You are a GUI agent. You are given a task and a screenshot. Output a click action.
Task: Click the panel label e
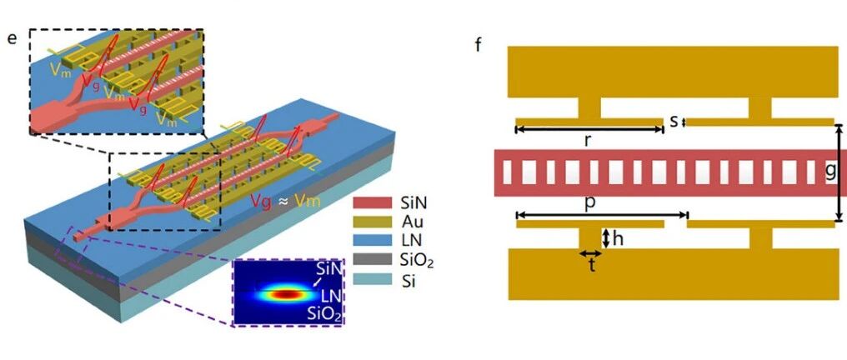[x=12, y=38]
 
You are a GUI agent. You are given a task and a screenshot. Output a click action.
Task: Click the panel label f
[x=478, y=43]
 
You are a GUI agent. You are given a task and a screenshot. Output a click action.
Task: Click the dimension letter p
[x=590, y=204]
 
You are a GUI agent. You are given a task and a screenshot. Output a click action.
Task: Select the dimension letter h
[x=618, y=238]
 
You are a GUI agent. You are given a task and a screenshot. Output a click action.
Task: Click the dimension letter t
[x=591, y=267]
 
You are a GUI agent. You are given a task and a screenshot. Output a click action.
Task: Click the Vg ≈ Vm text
[x=286, y=201]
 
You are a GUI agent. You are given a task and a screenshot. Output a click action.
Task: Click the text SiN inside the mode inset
[x=328, y=270]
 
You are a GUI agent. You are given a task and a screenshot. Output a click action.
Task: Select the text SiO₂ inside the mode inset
[x=325, y=314]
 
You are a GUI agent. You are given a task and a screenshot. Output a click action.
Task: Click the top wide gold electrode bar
[x=673, y=72]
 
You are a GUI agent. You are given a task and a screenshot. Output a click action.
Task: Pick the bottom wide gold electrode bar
[x=673, y=274]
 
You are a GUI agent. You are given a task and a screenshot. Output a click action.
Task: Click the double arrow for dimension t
[x=591, y=253]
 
